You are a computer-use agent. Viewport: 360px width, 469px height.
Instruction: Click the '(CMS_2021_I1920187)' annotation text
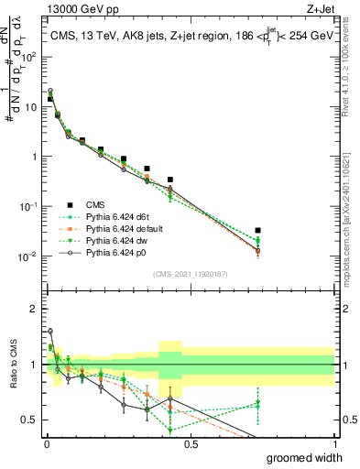click(190, 272)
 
